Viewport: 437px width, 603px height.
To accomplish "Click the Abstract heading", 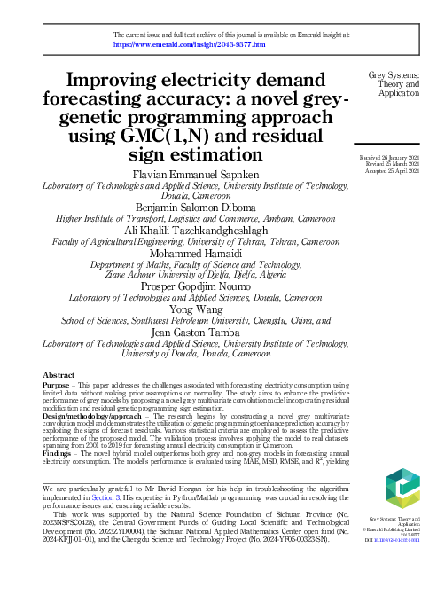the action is click(59, 376).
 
